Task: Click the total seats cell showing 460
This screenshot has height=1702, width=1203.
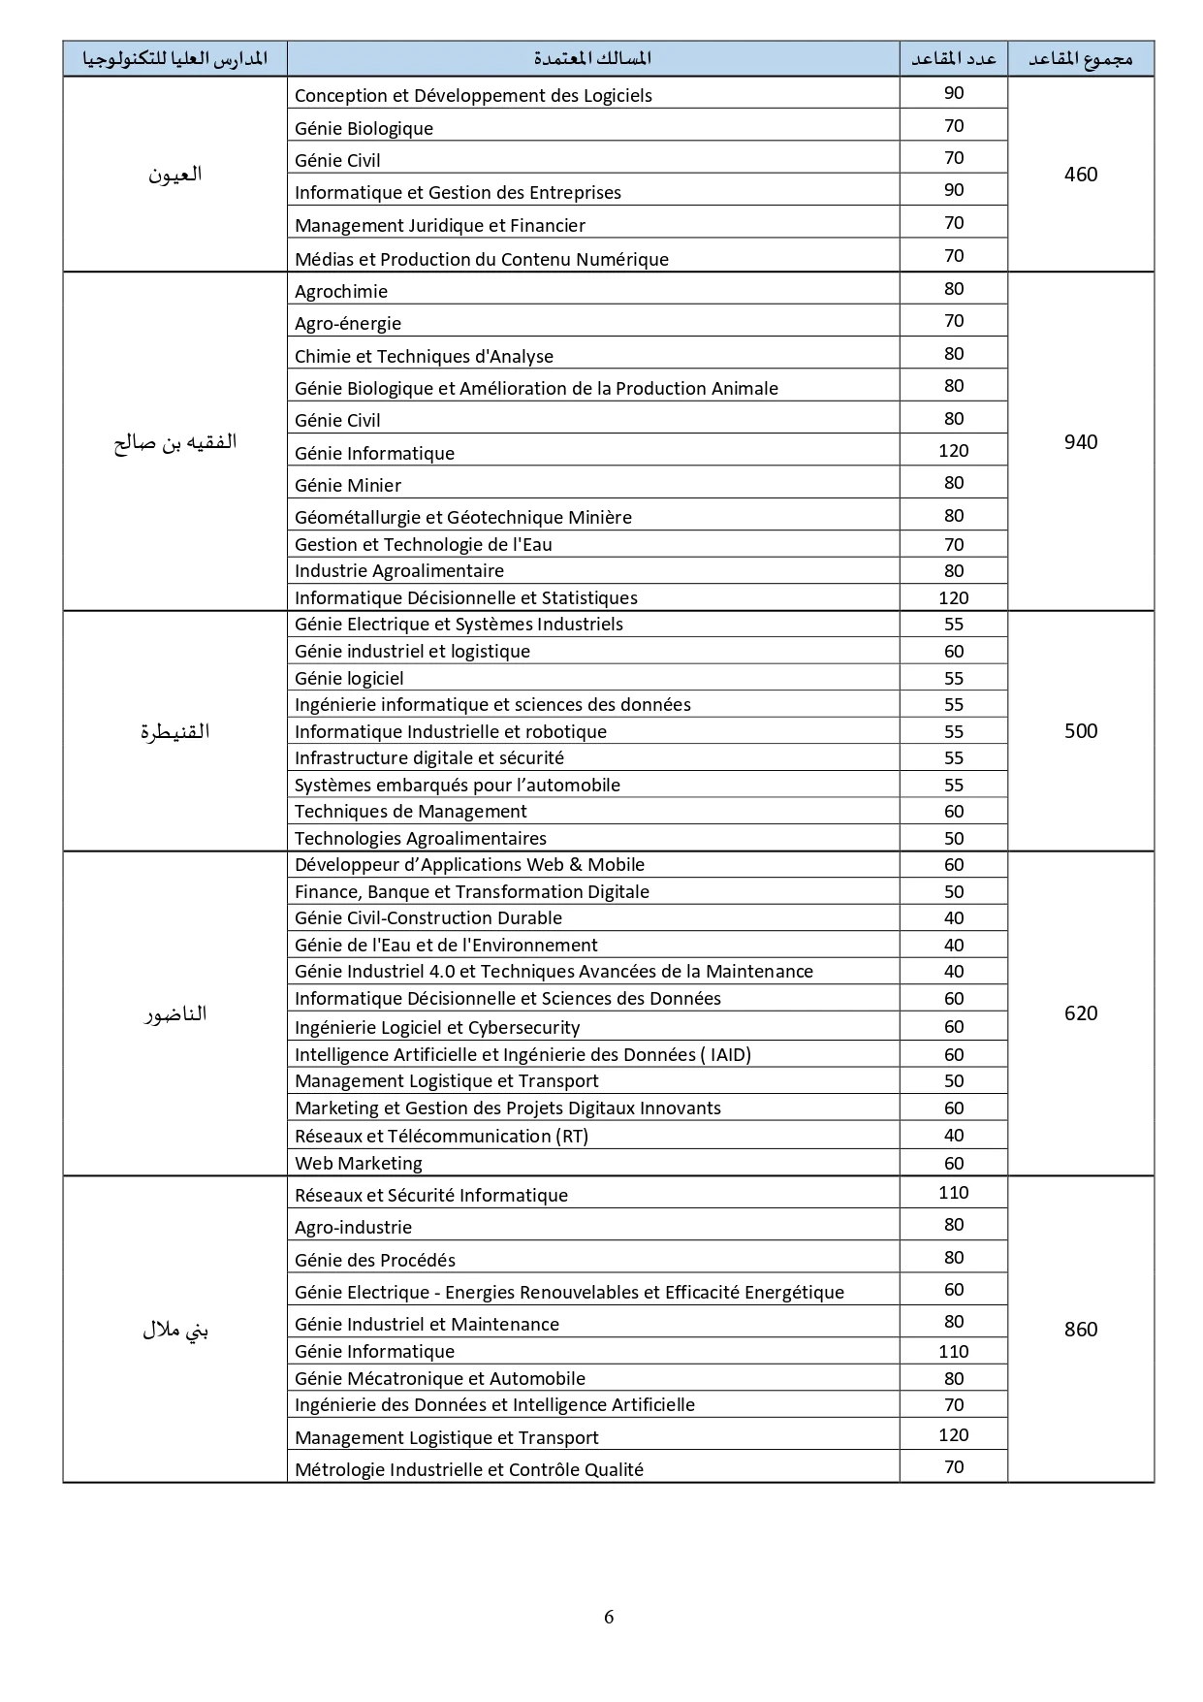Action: (1080, 175)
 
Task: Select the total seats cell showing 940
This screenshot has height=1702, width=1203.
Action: (1080, 442)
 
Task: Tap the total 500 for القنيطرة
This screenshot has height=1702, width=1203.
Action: (1080, 731)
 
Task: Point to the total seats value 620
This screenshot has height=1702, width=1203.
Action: (1080, 1013)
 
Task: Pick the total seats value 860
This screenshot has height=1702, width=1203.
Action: (1080, 1330)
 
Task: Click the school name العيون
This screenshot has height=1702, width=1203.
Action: (174, 175)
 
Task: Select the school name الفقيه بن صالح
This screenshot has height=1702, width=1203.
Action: (174, 443)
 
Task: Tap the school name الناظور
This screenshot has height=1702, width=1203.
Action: (174, 1014)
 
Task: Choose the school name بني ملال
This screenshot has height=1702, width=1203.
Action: (174, 1331)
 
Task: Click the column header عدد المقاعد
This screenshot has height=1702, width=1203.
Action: (953, 59)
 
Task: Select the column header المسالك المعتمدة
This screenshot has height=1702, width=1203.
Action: (592, 59)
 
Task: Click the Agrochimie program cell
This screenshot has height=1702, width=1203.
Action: (341, 292)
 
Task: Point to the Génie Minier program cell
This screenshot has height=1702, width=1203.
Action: (348, 486)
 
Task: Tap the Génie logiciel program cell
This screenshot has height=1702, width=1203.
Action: (349, 679)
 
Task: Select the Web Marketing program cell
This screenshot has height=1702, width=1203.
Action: (359, 1164)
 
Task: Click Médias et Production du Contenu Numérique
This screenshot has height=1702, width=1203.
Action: (482, 260)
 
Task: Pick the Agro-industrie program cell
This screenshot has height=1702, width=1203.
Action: (354, 1228)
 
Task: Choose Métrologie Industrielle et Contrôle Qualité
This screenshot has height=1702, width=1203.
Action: (469, 1470)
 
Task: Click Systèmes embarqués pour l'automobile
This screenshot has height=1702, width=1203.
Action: (458, 786)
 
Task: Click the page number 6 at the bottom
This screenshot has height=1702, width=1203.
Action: (609, 1617)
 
